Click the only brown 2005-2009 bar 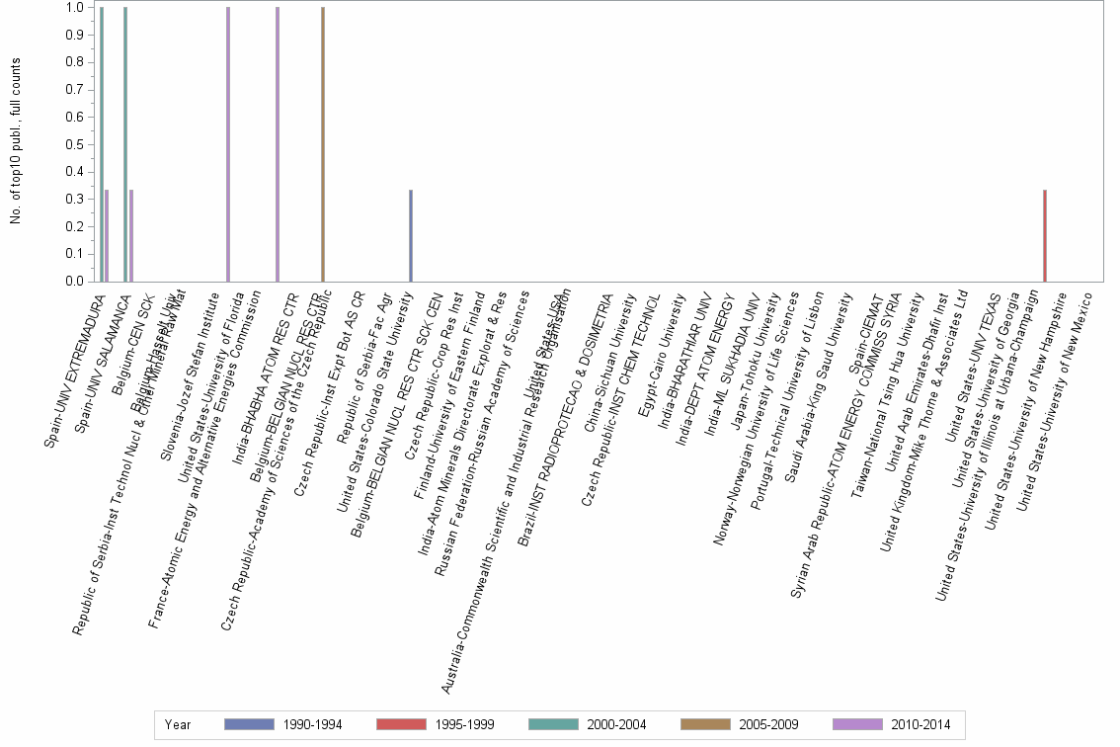tap(323, 144)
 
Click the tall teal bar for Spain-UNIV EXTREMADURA tap(102, 144)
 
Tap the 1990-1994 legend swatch tap(256, 724)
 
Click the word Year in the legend tap(179, 724)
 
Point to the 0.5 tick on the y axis tap(73, 144)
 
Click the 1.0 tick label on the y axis tap(73, 7)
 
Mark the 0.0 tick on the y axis tap(73, 282)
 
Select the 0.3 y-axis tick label tap(73, 199)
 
